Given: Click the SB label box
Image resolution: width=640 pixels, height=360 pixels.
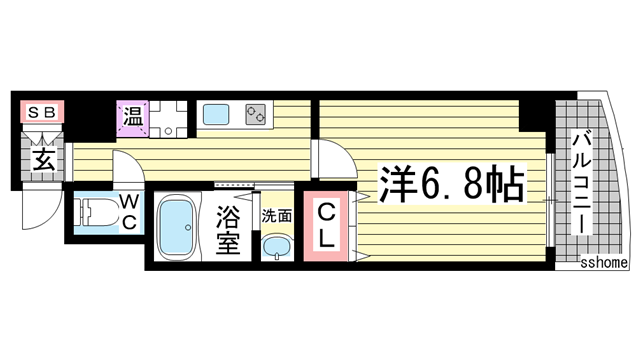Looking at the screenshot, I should pos(39,113).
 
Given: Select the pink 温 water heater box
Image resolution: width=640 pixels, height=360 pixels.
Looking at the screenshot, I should pos(133,117).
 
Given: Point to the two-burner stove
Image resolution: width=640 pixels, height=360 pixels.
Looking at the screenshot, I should pos(253,115).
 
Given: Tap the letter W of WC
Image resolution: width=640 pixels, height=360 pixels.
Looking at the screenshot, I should pos(131,201).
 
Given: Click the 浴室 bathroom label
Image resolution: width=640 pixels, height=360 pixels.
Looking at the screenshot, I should pos(229,230).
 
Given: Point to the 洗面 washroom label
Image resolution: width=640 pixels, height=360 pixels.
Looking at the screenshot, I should pos(276,213).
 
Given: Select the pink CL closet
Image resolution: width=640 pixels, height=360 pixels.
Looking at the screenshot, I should pos(328,225).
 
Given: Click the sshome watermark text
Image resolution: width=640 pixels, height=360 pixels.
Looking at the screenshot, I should pos(607,263).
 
